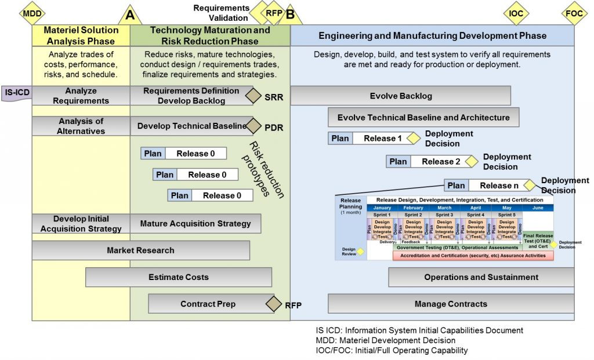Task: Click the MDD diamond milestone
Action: (32, 13)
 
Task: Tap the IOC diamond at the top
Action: (516, 13)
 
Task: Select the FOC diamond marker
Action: (575, 13)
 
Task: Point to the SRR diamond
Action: (253, 96)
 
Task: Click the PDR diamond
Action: (253, 126)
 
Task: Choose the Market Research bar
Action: (140, 250)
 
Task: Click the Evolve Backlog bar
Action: (400, 96)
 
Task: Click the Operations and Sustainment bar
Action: (481, 277)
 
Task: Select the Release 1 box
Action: (382, 139)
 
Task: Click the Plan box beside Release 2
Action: (399, 162)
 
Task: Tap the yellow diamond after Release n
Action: (528, 186)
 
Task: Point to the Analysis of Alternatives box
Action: (81, 126)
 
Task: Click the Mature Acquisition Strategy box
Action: (195, 223)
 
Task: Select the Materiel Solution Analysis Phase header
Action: (81, 35)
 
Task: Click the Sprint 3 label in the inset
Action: (444, 214)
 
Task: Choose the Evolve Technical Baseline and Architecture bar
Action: (423, 117)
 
